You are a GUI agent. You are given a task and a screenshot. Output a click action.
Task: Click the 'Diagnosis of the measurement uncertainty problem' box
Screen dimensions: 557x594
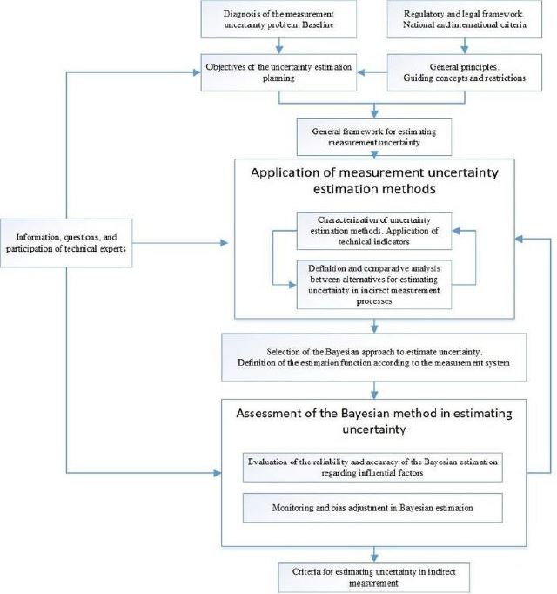(278, 19)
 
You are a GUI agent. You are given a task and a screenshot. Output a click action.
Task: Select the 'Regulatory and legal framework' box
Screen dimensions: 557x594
(465, 19)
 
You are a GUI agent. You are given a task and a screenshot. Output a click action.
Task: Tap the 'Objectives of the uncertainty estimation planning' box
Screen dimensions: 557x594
(278, 72)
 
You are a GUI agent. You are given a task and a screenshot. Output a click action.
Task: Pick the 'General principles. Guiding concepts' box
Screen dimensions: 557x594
(465, 72)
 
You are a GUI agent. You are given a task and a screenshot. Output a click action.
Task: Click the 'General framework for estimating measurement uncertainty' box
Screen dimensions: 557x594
(374, 137)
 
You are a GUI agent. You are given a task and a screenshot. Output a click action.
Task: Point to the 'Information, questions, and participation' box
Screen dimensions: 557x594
(66, 243)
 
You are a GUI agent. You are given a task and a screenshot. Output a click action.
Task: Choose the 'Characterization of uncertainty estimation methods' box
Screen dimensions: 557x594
(374, 231)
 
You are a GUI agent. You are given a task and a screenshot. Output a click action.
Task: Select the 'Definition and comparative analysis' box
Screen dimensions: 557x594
(374, 285)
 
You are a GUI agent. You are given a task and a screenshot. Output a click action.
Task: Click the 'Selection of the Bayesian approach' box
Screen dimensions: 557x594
(374, 357)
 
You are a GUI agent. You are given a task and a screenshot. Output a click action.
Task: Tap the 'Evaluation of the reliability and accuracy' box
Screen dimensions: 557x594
(372, 467)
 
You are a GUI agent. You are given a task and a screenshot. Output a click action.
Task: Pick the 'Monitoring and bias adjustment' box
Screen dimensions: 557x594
(372, 508)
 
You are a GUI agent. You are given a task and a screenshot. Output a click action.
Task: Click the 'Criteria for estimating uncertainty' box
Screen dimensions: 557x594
(374, 577)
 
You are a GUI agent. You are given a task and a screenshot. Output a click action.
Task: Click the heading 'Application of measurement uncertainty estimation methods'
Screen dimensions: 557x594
(374, 180)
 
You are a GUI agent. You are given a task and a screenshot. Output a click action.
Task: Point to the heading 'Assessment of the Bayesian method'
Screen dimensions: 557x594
(374, 421)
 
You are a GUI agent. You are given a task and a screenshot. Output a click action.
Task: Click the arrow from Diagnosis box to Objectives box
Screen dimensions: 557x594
(279, 46)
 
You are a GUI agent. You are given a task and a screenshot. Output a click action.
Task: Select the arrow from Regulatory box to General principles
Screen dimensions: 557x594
(465, 46)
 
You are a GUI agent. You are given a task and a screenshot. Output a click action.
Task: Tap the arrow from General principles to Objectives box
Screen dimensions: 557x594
(372, 72)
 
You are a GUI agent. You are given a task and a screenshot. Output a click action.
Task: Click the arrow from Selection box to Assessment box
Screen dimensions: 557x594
(374, 390)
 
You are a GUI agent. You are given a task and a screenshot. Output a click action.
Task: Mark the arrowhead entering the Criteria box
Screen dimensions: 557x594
(374, 558)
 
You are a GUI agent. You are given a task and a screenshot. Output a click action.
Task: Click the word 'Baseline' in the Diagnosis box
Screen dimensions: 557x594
(318, 25)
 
